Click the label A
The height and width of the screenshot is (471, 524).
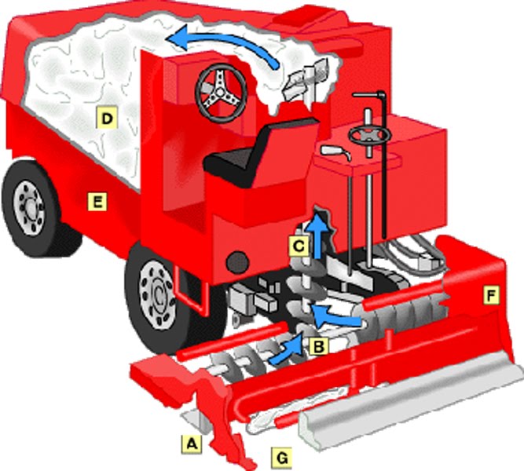pos(190,444)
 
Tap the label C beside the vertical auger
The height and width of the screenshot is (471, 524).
pos(297,246)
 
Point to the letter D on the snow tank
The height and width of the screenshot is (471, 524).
pos(104,119)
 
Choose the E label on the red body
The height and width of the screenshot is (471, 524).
pos(97,203)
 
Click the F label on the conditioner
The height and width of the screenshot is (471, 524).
pos(491,295)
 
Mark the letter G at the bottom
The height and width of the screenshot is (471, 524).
pos(280,456)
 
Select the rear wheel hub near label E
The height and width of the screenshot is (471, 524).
pos(30,206)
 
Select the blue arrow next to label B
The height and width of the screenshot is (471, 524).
pos(288,350)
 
